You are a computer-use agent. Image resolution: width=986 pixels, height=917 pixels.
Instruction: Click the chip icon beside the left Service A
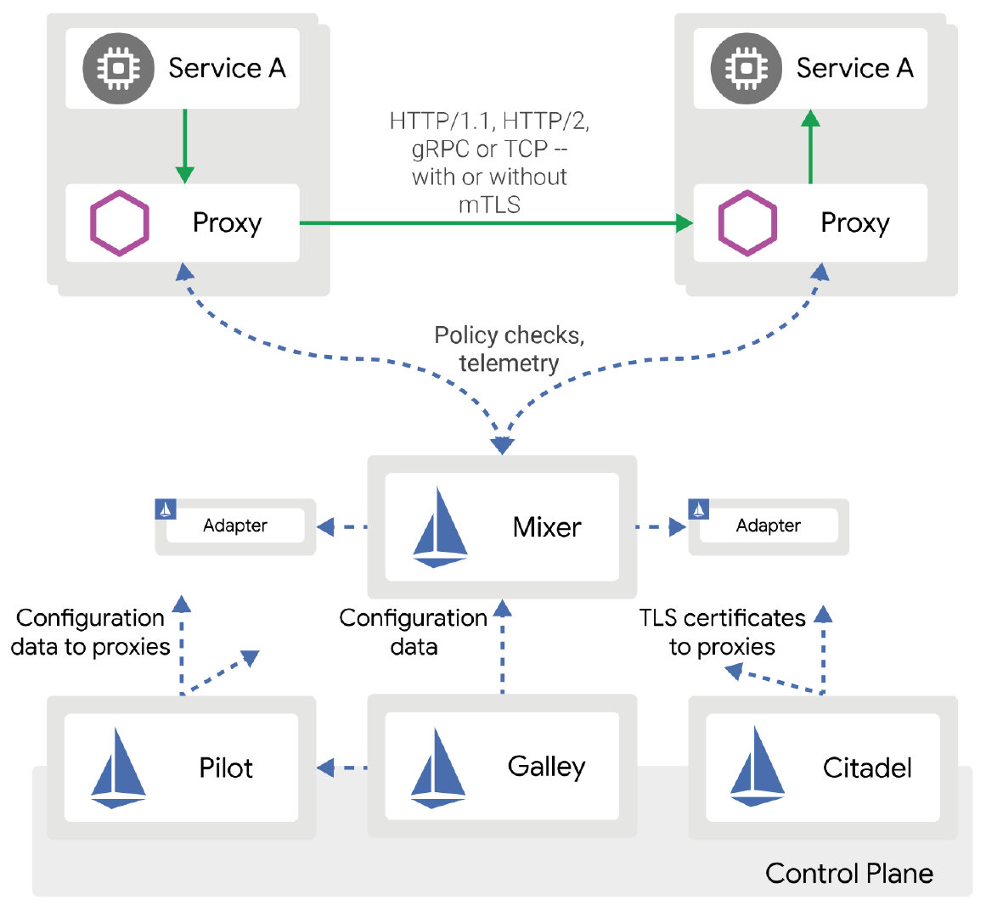(x=118, y=68)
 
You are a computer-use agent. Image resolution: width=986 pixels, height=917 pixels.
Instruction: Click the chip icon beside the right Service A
(x=746, y=68)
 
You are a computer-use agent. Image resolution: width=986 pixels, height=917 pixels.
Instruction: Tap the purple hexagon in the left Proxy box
(x=120, y=222)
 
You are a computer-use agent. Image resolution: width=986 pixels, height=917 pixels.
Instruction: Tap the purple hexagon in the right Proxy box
(x=747, y=222)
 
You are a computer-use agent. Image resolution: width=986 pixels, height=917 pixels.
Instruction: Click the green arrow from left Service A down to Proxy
(x=184, y=144)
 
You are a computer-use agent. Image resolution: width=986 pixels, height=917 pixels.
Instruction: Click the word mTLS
(x=489, y=205)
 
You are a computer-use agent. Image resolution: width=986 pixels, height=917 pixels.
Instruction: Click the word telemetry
(x=509, y=363)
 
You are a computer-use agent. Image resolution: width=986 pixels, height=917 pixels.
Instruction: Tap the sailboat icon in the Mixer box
(x=439, y=527)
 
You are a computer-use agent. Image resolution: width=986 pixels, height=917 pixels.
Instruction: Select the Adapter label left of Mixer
(x=235, y=526)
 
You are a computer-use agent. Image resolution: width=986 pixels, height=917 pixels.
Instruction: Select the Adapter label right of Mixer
(x=768, y=526)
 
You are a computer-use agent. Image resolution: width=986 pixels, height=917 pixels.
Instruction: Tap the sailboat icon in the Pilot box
(x=118, y=768)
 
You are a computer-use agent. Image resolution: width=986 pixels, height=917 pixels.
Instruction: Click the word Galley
(x=546, y=767)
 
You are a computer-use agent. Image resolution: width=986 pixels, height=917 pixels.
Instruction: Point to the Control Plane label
(x=848, y=873)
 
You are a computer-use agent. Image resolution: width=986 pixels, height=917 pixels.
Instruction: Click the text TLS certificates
(x=722, y=618)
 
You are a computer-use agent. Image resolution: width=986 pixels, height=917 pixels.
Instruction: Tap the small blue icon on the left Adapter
(x=166, y=509)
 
